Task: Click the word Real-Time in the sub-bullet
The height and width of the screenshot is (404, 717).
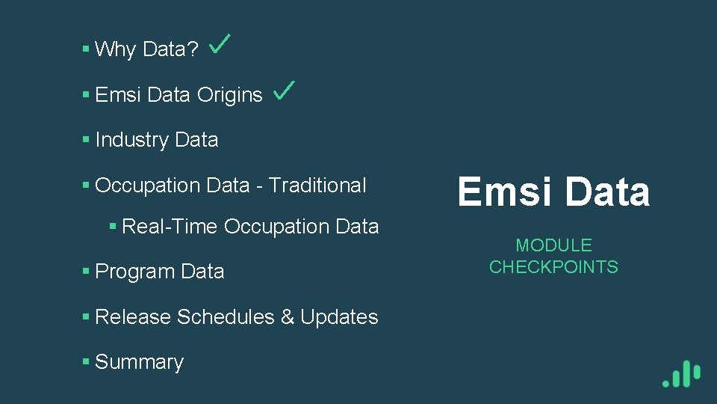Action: [170, 226]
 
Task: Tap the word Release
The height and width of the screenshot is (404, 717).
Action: [133, 317]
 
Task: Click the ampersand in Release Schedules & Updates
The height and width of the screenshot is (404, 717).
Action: [288, 317]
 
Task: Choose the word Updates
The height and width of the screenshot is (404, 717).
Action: [339, 317]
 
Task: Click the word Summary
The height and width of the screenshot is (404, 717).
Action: [139, 362]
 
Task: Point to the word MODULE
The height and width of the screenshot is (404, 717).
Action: [553, 245]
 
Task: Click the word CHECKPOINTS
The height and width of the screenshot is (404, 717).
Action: [553, 267]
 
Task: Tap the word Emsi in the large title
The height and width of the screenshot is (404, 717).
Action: [506, 192]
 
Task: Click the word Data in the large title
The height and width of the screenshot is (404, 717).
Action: [607, 192]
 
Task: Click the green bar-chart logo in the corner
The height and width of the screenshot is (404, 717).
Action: [681, 373]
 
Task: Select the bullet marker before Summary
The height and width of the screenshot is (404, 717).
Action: [87, 362]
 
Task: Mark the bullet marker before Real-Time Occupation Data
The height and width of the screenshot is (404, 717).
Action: [113, 226]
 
